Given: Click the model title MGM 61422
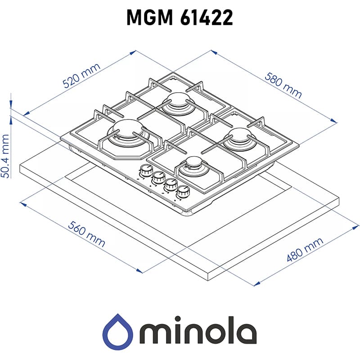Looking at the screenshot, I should click(x=180, y=18).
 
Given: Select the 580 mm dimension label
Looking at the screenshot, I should click(x=283, y=85).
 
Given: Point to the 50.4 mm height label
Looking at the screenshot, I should click(x=5, y=156).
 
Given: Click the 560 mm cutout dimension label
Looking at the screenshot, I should click(x=87, y=234).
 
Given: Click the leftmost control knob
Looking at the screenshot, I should click(x=146, y=171).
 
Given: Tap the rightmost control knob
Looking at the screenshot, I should click(x=183, y=192).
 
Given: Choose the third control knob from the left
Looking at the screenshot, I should click(x=171, y=185).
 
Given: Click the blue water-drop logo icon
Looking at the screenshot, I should click(x=117, y=333).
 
